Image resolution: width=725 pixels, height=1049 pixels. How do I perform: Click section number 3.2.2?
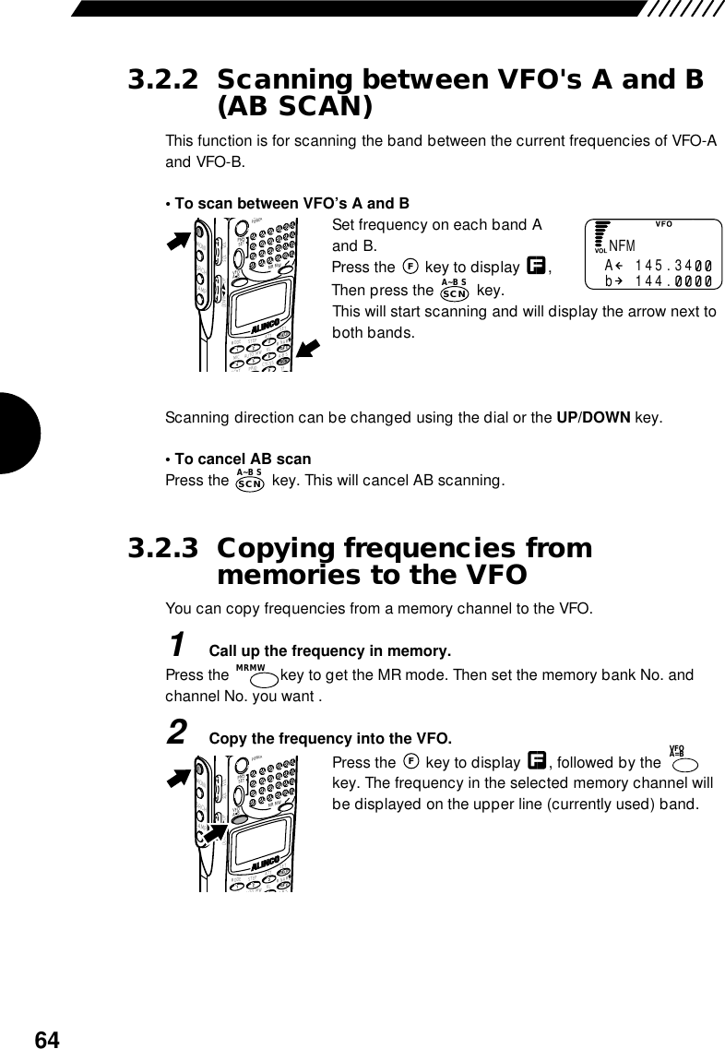pos(161,79)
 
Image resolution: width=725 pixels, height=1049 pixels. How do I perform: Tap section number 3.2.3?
pos(161,549)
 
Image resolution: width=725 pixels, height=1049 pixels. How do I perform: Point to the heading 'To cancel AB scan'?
pos(242,459)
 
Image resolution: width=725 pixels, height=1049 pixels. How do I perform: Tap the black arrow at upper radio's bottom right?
pos(309,350)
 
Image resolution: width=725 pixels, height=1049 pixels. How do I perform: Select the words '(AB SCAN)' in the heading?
pos(295,107)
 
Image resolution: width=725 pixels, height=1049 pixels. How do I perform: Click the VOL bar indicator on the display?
pos(600,236)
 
